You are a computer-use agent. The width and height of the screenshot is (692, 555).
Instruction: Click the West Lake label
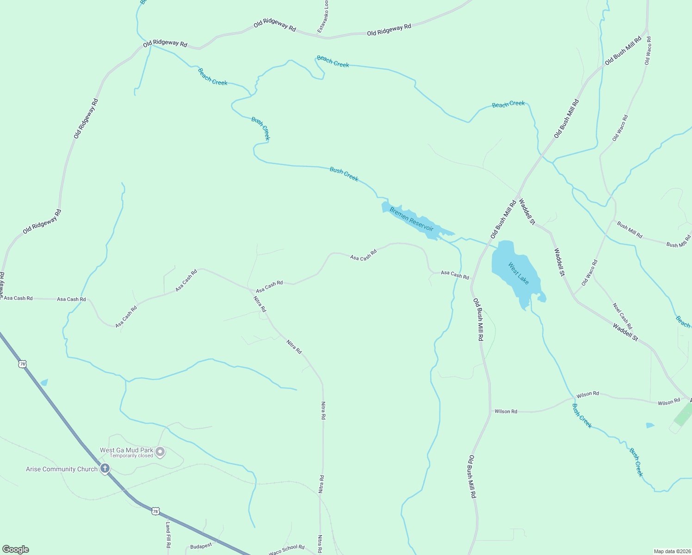coord(518,273)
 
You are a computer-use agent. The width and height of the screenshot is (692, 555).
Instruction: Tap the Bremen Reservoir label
coord(411,219)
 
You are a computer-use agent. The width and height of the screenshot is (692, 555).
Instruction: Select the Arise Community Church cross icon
coord(105,469)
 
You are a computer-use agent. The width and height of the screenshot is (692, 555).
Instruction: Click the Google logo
coord(15,549)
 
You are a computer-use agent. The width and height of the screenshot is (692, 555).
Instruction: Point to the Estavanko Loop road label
coord(323,16)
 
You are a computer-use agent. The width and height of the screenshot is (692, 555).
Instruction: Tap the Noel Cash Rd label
coord(622,316)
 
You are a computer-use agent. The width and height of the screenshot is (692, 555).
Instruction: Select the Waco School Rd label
coord(287,549)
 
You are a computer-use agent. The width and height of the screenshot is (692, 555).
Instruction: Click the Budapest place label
coord(201,546)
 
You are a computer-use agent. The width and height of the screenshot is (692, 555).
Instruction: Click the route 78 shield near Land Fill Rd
coord(156,511)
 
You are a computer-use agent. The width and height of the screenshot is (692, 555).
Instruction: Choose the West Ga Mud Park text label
coord(126,450)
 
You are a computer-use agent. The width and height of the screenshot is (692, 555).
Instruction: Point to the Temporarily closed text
coord(131,456)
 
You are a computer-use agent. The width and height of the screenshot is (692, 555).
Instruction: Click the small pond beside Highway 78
coord(44,382)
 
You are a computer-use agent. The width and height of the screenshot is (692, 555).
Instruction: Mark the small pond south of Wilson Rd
coord(650,425)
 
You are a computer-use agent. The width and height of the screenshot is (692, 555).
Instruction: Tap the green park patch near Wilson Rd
coord(683,414)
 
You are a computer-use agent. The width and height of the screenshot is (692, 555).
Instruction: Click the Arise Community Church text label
coord(62,469)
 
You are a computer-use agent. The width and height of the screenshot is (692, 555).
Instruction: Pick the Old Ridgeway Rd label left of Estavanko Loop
coord(275,25)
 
